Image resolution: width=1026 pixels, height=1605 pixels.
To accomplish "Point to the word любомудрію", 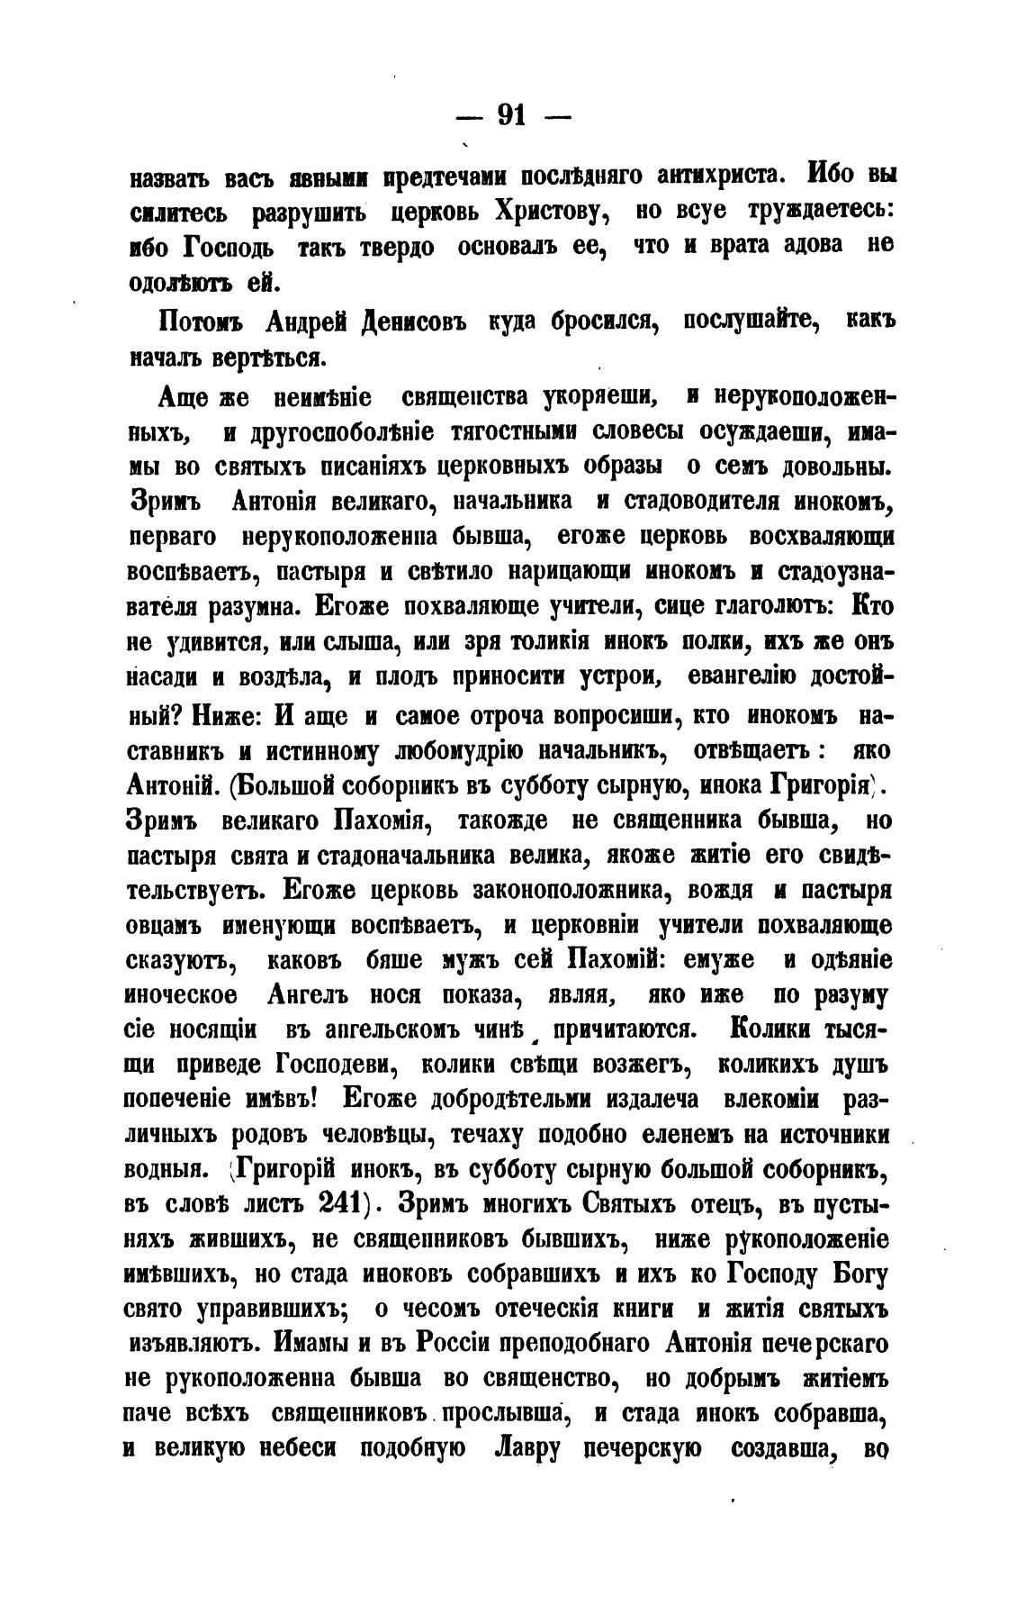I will point(471,750).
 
